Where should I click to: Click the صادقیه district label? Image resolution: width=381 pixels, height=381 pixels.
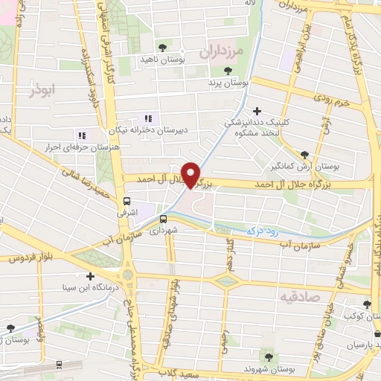[297, 297]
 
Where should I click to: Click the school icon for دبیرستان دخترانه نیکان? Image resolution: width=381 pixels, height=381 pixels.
[147, 118]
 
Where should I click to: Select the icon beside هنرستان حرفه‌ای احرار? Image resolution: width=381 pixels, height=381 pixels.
[82, 135]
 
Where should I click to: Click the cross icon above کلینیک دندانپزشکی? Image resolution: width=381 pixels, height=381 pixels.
[257, 111]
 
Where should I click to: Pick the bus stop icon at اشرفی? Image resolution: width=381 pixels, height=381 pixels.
[127, 200]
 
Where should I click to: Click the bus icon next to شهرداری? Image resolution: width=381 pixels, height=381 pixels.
[163, 218]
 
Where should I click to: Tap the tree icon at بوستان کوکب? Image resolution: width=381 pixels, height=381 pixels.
[367, 304]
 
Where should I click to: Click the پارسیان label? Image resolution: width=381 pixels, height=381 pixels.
[365, 346]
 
